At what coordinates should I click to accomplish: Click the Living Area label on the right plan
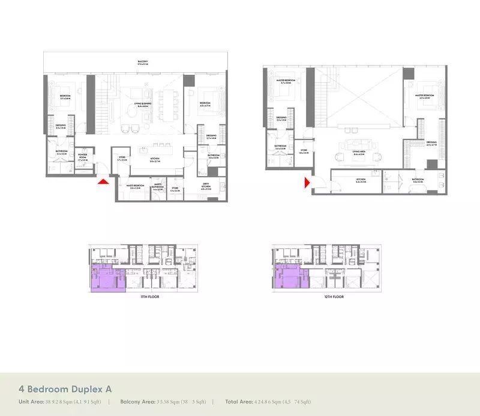[359, 154]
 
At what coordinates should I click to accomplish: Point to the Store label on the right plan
[304, 151]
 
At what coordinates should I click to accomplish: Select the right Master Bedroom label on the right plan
[428, 95]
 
